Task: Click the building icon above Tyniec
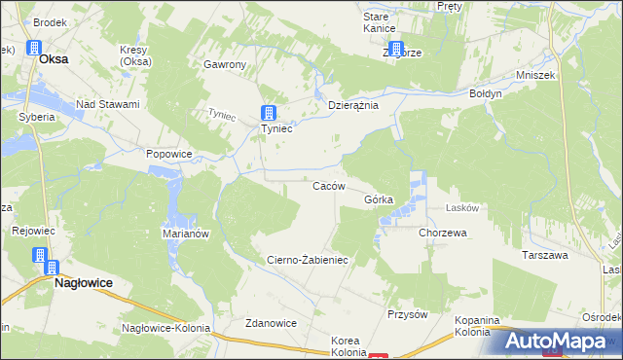pos(269,112)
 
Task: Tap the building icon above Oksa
pos(34,48)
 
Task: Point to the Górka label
pos(379,199)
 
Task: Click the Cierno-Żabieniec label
pos(307,260)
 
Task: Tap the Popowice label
pos(168,153)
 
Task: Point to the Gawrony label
pos(225,64)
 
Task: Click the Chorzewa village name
pos(443,234)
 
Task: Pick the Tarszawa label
pos(544,255)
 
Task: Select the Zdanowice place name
pos(271,323)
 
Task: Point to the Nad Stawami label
pos(108,104)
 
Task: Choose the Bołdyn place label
pos(484,94)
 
